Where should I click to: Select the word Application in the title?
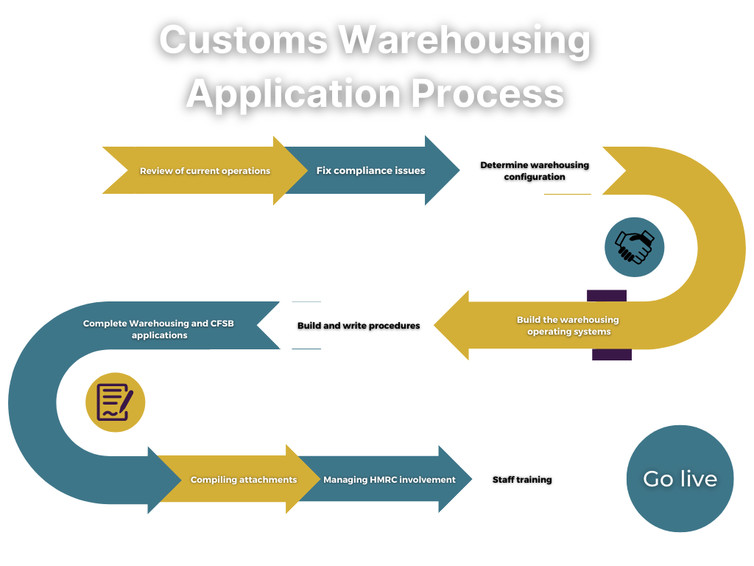click(292, 94)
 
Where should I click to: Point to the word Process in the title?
click(487, 94)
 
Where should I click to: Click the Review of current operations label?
click(205, 171)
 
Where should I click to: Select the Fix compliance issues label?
click(370, 170)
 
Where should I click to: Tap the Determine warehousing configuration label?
click(535, 170)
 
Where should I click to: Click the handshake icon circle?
click(634, 247)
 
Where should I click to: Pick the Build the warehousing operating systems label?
click(568, 326)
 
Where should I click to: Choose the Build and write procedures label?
click(359, 326)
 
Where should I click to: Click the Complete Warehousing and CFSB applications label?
click(158, 329)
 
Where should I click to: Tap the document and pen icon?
click(115, 402)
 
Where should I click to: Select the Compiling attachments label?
click(244, 480)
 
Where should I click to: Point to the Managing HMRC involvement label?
click(389, 480)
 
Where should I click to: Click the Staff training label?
click(522, 480)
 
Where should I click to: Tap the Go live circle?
click(680, 479)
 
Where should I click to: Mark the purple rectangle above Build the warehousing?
click(607, 296)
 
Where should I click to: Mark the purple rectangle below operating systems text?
click(612, 355)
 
